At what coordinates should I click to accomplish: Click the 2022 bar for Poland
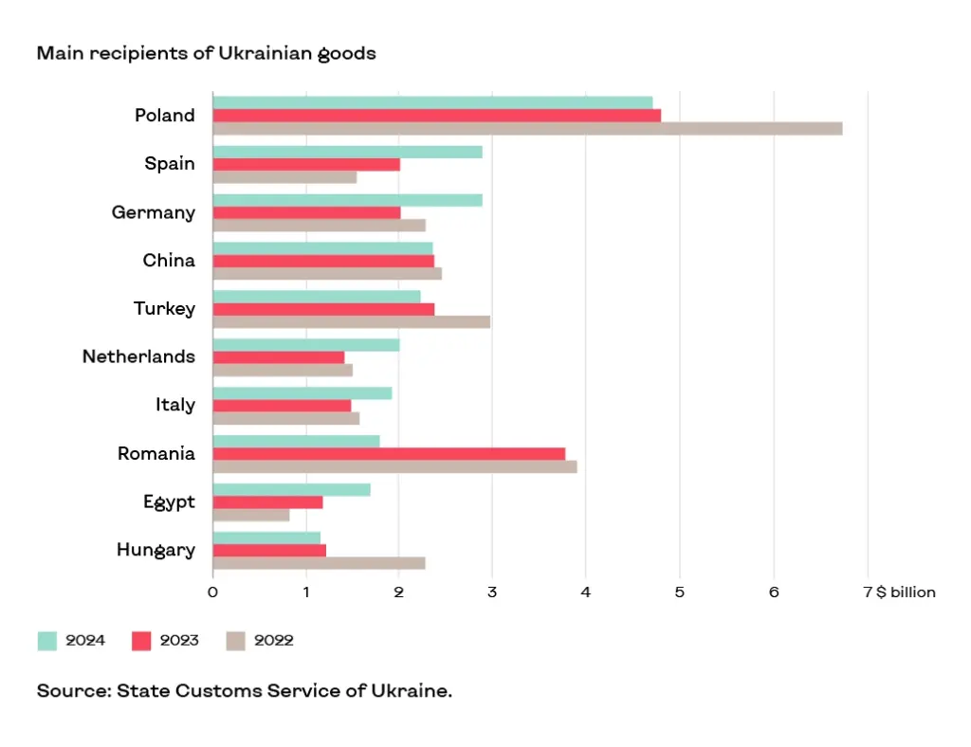coord(527,129)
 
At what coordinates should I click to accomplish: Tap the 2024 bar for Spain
coord(347,152)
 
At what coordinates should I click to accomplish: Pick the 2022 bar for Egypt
coord(251,515)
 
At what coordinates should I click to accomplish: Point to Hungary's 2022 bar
coord(319,563)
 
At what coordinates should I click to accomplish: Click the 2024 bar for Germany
coord(347,200)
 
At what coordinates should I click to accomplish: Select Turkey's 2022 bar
coord(351,321)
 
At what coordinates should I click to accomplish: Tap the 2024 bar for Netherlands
coord(306,345)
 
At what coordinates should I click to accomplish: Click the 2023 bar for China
coord(323,261)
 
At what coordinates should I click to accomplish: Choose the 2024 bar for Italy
coord(302,393)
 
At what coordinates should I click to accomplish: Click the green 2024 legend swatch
coord(47,641)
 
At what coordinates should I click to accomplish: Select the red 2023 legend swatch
coord(141,641)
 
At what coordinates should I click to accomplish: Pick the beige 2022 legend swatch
coord(235,641)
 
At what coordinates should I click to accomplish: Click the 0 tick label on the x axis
coord(212,592)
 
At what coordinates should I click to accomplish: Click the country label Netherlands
coord(138,356)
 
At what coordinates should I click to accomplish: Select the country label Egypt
coord(169,501)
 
